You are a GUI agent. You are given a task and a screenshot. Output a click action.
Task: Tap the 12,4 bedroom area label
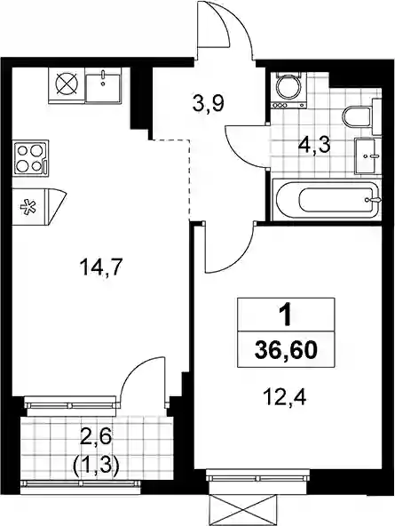coord(284,398)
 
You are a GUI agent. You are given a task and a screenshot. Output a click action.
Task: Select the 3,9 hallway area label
coord(208,104)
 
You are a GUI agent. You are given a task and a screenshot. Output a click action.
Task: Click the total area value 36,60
coord(286,351)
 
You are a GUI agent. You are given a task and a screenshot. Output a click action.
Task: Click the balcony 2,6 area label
coord(96,438)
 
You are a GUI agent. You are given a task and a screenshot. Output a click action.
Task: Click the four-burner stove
coord(31,158)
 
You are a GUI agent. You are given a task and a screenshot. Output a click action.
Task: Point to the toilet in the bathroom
coord(361,116)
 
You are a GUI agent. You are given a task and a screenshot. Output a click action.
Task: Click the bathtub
coord(327,200)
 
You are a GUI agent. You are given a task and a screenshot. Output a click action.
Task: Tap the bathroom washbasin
coord(367,156)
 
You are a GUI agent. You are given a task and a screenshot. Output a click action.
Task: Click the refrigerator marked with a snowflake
coord(38,207)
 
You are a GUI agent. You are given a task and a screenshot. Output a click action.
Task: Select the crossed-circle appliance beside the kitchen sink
coord(67,84)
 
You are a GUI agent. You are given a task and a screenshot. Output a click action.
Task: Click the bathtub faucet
coord(373,200)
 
